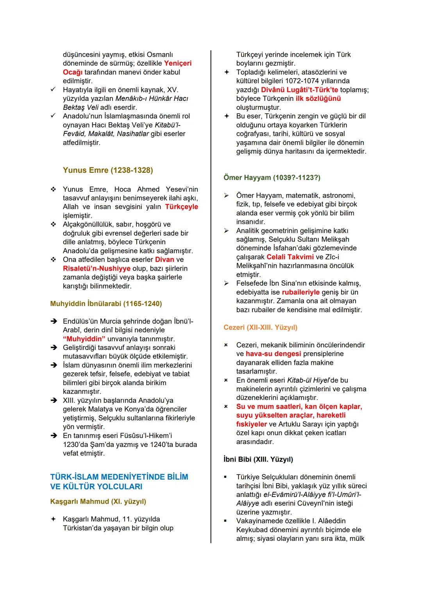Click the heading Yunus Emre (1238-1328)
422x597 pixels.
click(108, 170)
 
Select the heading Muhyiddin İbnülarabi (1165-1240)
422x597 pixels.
click(106, 303)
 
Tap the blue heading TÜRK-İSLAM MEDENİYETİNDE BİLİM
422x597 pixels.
click(119, 477)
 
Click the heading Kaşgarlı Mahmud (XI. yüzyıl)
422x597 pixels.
click(98, 501)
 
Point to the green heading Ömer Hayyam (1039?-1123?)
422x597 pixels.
click(272, 177)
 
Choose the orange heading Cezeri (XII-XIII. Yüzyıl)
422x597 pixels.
click(260, 327)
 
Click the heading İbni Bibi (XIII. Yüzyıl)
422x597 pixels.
click(258, 459)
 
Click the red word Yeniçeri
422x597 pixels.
click(178, 63)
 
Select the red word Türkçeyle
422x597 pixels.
click(181, 207)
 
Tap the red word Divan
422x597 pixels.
click(165, 260)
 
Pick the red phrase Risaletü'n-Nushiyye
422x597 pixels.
click(97, 269)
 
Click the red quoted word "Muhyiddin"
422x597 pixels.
click(84, 339)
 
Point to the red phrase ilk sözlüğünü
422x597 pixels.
click(318, 99)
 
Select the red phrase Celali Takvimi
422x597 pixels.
click(290, 257)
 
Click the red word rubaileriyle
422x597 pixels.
click(300, 292)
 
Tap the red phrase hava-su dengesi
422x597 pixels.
click(273, 354)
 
